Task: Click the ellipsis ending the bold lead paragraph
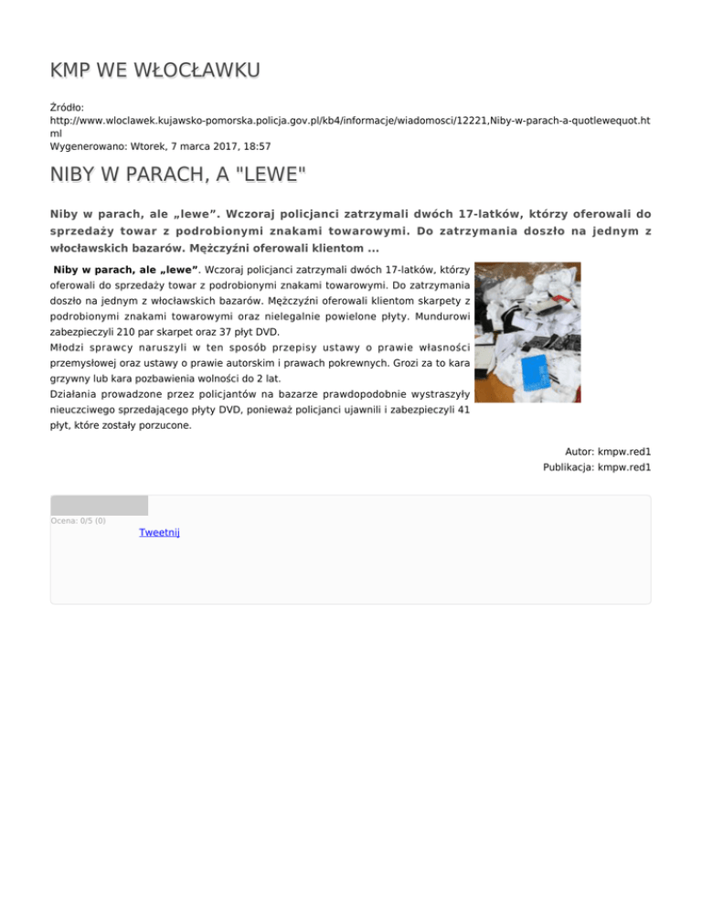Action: pos(373,249)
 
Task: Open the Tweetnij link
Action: pos(159,532)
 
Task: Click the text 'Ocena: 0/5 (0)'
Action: pos(78,521)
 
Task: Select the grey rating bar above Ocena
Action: pos(99,505)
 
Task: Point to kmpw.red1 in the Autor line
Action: pos(623,452)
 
